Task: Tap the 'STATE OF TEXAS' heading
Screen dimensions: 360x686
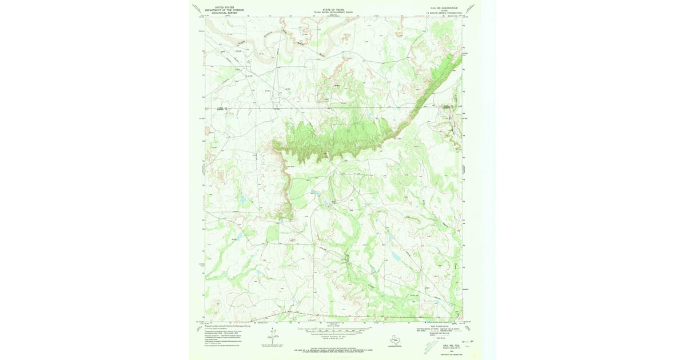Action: tap(333, 9)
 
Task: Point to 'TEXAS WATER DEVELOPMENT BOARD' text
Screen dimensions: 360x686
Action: tap(333, 12)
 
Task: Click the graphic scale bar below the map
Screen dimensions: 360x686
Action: tap(333, 331)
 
